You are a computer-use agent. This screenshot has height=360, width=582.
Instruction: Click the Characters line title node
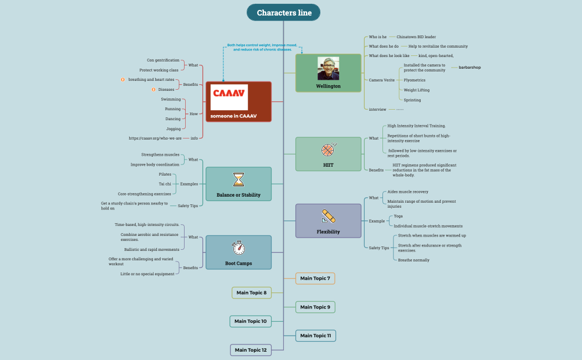tap(283, 13)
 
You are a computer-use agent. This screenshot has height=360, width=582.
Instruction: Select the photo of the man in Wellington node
tap(328, 68)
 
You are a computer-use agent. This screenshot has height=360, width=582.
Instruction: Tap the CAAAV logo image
tap(229, 97)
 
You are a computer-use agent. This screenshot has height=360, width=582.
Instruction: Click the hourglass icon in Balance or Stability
tap(238, 179)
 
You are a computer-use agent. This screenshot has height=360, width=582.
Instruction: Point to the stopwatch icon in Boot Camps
tap(238, 248)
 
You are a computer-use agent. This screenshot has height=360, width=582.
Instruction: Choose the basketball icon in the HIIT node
tap(328, 150)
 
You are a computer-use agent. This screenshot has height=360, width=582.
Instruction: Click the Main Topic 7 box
tap(315, 278)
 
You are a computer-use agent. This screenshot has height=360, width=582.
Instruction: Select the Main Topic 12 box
tap(251, 350)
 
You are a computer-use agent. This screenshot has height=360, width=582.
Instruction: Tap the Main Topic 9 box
tap(315, 307)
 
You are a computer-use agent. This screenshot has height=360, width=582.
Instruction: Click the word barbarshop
tap(469, 68)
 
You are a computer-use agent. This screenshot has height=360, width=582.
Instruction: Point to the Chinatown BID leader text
tap(416, 37)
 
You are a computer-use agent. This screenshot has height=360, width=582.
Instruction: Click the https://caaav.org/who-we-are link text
tap(155, 138)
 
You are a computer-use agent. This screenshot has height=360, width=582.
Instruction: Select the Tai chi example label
tap(165, 184)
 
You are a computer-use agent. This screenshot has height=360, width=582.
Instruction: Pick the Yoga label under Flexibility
tap(398, 216)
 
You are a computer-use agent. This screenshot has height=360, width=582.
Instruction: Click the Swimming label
tap(171, 99)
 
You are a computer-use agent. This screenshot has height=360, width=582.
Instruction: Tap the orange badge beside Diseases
tap(153, 89)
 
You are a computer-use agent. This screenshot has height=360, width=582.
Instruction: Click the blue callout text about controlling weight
tap(262, 47)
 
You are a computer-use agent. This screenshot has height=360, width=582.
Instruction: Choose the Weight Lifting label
tap(416, 90)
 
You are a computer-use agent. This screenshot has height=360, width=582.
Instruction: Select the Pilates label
tap(165, 174)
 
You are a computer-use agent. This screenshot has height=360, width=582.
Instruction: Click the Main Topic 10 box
tap(251, 321)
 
